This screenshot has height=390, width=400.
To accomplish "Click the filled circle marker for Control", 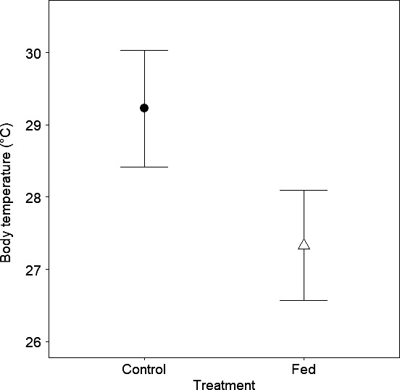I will pyautogui.click(x=144, y=108).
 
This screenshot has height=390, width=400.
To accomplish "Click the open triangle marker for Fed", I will pyautogui.click(x=304, y=244).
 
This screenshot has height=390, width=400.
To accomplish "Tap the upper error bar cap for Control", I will pyautogui.click(x=144, y=51).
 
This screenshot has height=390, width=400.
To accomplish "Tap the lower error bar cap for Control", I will pyautogui.click(x=144, y=167).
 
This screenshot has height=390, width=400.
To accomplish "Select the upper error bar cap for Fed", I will pyautogui.click(x=304, y=190).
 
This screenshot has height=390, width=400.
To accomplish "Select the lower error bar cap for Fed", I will pyautogui.click(x=304, y=300).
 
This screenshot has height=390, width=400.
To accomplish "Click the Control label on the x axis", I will pyautogui.click(x=144, y=370).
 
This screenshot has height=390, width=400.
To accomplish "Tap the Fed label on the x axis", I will pyautogui.click(x=304, y=370).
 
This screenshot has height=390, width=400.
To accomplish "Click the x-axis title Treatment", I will pyautogui.click(x=224, y=385).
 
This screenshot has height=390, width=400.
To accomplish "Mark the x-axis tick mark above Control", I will pyautogui.click(x=144, y=360).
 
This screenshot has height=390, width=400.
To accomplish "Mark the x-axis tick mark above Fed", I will pyautogui.click(x=304, y=360).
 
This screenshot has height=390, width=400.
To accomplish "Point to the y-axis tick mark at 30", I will pyautogui.click(x=46, y=53).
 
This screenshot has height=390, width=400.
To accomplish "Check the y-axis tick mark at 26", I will pyautogui.click(x=46, y=341).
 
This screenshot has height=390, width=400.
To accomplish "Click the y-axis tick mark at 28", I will pyautogui.click(x=46, y=197).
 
